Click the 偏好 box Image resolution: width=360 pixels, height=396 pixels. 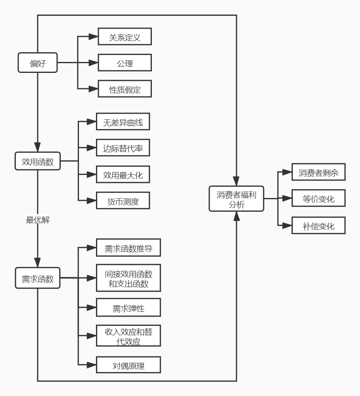(x=38, y=63)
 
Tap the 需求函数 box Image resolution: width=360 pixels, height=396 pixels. (x=38, y=278)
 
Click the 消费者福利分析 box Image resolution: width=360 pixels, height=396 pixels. (x=236, y=199)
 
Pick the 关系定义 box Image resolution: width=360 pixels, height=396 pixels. (x=125, y=37)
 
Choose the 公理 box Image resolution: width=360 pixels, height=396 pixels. (x=125, y=63)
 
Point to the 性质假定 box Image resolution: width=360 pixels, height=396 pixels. (x=125, y=89)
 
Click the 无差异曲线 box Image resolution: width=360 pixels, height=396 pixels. (x=123, y=121)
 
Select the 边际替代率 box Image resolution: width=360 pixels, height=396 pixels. (x=123, y=148)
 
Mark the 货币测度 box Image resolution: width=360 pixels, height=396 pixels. (x=123, y=200)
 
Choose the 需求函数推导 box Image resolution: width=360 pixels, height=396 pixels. (x=128, y=248)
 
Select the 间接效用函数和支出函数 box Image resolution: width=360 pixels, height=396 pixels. (x=128, y=278)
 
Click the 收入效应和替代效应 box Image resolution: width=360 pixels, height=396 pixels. (x=128, y=335)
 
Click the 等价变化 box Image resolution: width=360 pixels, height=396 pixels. (x=319, y=198)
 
